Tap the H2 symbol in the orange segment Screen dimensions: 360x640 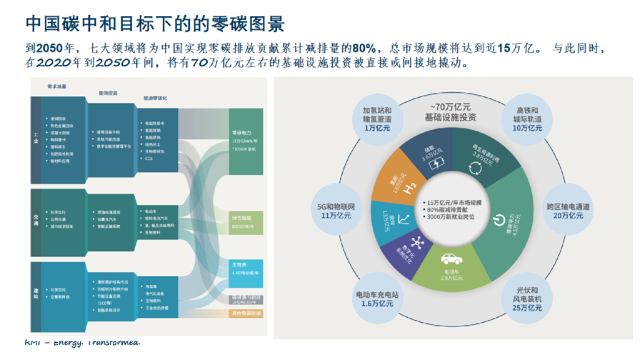pyautogui.click(x=410, y=187)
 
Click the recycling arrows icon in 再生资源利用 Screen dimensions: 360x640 pyautogui.click(x=476, y=167)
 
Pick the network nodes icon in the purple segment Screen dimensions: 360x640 pyautogui.click(x=417, y=244)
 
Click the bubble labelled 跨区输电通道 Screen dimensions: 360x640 pyautogui.click(x=568, y=211)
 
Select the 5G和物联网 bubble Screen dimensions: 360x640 pyautogui.click(x=336, y=211)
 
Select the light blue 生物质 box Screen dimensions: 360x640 pyautogui.click(x=245, y=273)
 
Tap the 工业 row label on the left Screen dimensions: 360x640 pyautogui.click(x=36, y=141)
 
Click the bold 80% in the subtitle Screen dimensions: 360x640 pyautogui.click(x=363, y=47)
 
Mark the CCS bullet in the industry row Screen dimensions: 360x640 pyautogui.click(x=149, y=158)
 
